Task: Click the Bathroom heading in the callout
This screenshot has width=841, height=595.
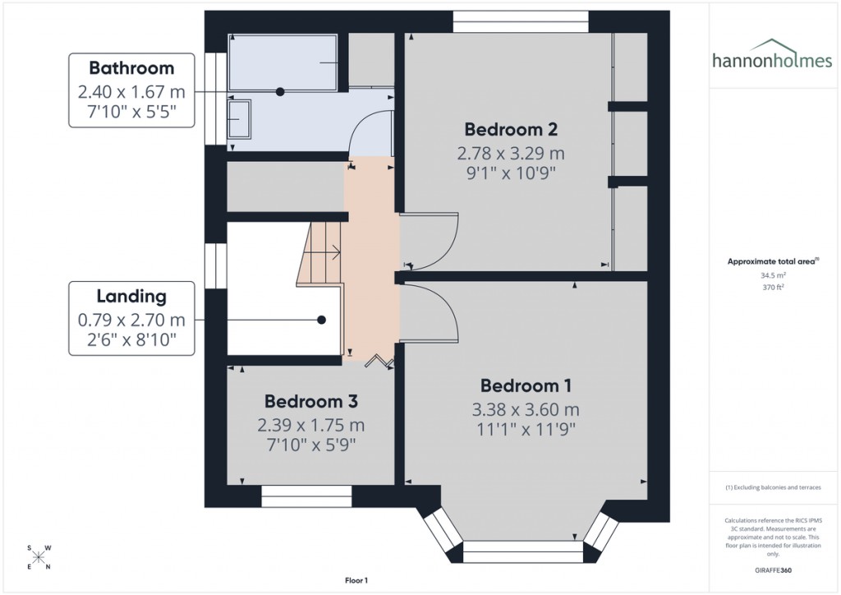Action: [131, 67]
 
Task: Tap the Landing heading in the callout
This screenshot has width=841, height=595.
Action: [131, 296]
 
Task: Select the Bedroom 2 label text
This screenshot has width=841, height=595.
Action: [511, 129]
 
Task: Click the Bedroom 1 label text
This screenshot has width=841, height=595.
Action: [526, 385]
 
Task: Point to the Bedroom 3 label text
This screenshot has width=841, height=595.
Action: [310, 402]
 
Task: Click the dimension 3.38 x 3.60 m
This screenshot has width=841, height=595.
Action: [526, 409]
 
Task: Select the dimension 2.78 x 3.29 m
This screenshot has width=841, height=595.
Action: [511, 153]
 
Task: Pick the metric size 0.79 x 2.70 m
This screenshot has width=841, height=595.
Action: [131, 320]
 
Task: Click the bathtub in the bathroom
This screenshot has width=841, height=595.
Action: [283, 62]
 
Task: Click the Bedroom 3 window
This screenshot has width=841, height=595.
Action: [306, 496]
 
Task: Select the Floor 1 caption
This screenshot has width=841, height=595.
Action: [356, 580]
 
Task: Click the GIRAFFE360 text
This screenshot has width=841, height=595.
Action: [771, 570]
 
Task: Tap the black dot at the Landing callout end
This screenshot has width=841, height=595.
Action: [322, 320]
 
